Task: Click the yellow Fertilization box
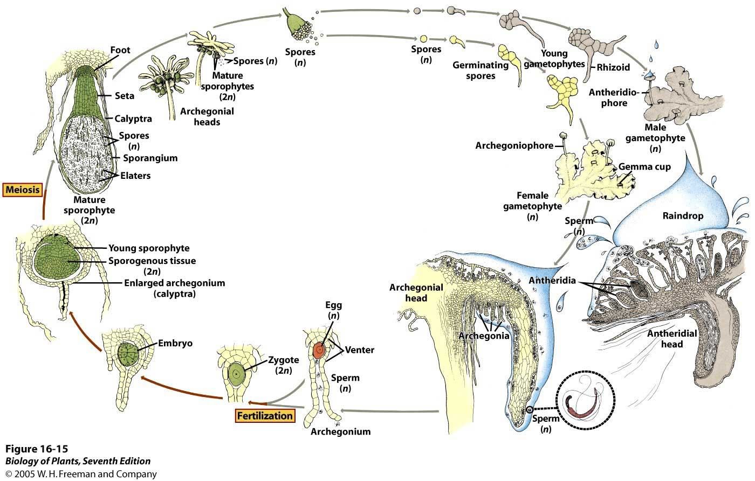pos(265,415)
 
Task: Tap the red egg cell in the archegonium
pos(319,351)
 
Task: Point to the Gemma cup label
pos(644,166)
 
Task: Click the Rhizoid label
pos(614,68)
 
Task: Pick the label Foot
pos(120,50)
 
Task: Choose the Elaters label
pos(135,176)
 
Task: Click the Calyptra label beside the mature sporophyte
pos(133,118)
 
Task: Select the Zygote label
pos(284,361)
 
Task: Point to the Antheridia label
pos(553,281)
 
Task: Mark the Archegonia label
pos(484,336)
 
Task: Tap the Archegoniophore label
pos(514,145)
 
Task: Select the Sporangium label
pos(150,158)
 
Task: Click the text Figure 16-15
pos(37,449)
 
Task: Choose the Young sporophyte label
pos(149,248)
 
